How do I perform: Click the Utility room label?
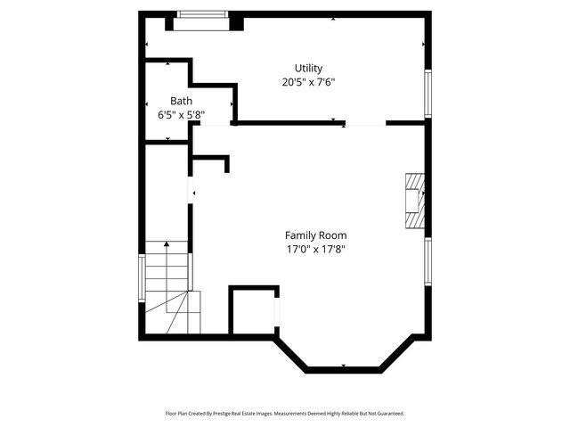pos(308,68)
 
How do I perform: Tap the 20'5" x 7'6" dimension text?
pos(308,82)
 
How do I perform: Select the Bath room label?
pos(181,101)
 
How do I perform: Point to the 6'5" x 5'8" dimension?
pos(181,114)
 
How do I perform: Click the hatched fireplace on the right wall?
pos(414,202)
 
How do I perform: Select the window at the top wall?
pos(202,14)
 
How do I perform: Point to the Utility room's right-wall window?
pos(427,93)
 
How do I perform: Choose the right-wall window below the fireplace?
pos(427,261)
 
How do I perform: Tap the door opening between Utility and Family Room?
pos(364,125)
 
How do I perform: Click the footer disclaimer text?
pos(285,414)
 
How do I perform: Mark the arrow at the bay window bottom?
pos(345,366)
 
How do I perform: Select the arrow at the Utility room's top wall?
pos(334,19)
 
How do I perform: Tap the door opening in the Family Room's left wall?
pos(190,192)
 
